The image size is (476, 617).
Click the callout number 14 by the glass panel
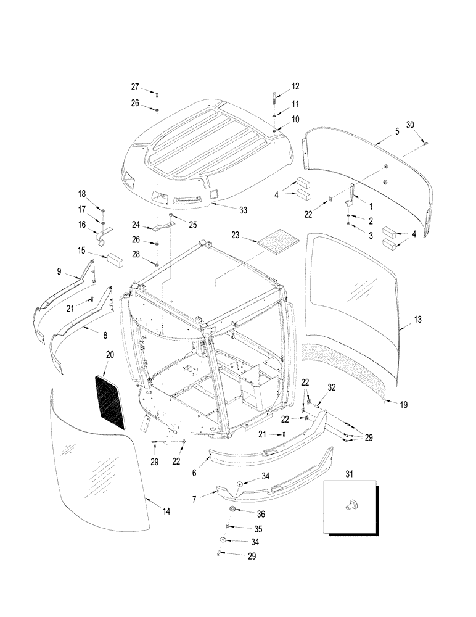point(166,511)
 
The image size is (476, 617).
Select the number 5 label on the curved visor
point(397,131)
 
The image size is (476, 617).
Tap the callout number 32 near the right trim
point(332,387)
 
